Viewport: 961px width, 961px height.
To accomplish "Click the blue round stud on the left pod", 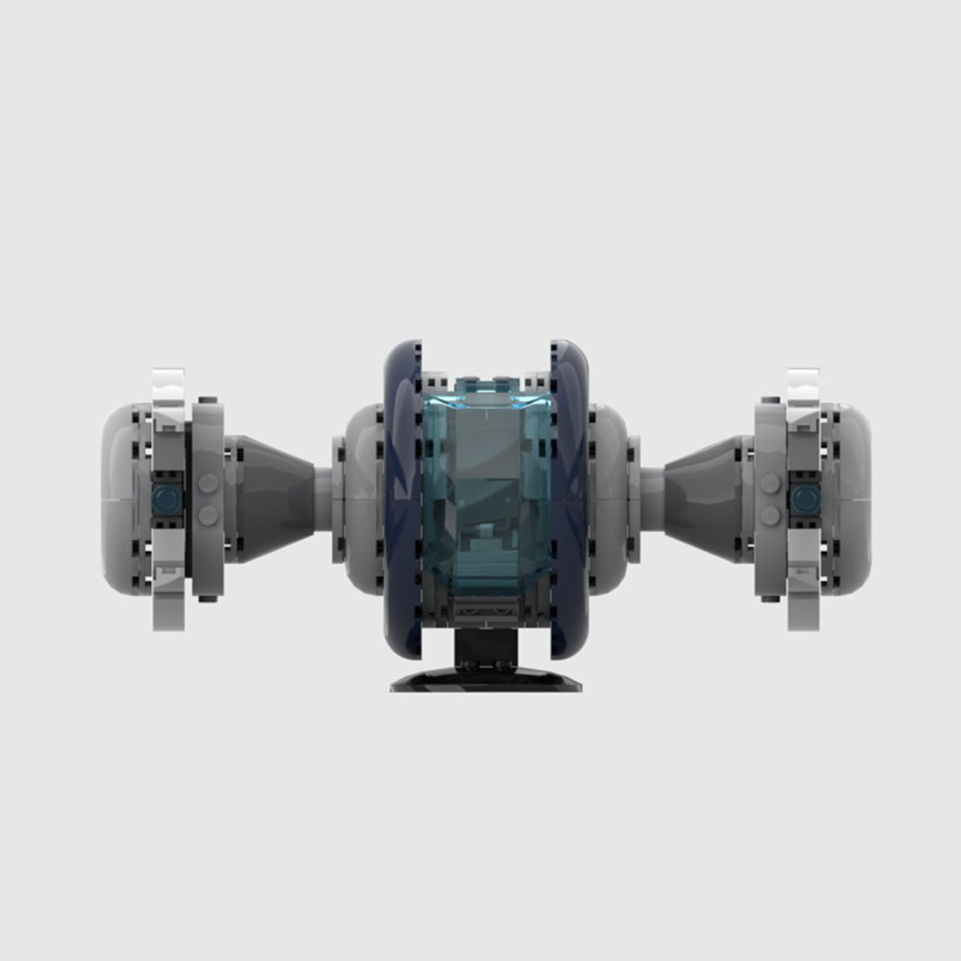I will click(x=163, y=499).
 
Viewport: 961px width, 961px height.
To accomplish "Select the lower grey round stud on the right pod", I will click(x=770, y=515).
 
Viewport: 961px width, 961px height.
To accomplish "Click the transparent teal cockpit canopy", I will click(x=480, y=489).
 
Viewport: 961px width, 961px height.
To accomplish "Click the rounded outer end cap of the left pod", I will click(x=118, y=498).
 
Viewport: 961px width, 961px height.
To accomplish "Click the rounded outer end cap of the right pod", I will click(x=852, y=498).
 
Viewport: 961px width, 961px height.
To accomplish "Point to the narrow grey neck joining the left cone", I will click(x=322, y=497).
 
